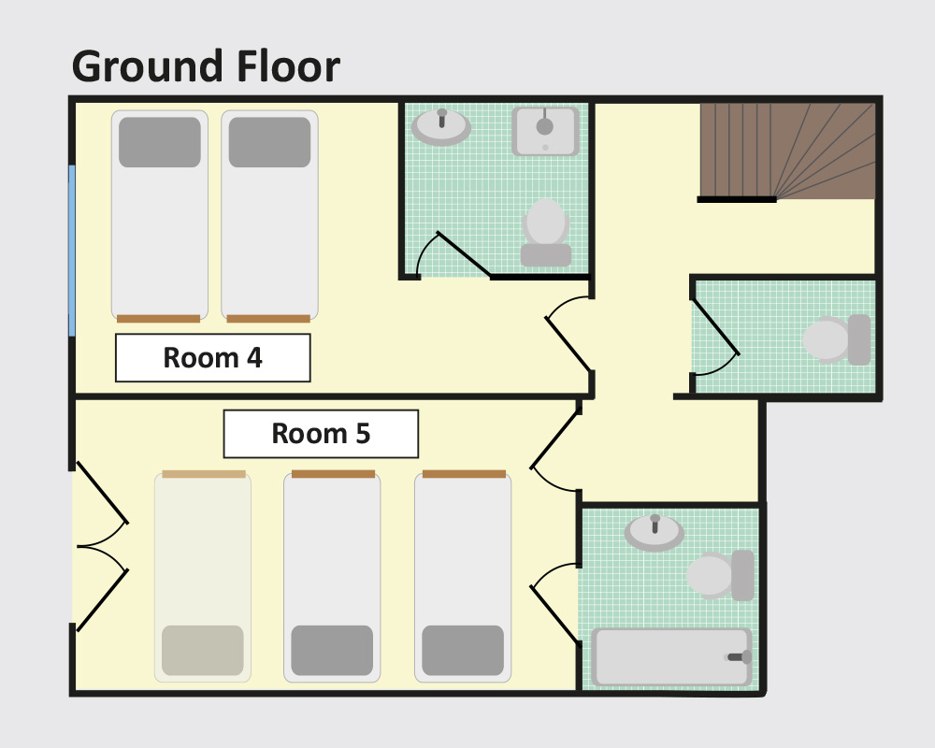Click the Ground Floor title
point(206,66)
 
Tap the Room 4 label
point(213,358)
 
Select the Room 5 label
point(321,434)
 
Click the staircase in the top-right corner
point(787,151)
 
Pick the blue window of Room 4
point(72,251)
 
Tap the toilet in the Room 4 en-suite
point(546,233)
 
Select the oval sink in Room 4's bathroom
point(441,126)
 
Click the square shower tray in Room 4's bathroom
point(545,131)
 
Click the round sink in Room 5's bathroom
point(654,532)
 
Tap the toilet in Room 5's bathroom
point(720,575)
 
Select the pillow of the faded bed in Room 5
point(203,650)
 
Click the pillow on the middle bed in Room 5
point(332,650)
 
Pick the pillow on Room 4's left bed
point(160,142)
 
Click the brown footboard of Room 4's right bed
point(268,319)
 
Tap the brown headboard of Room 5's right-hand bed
point(464,474)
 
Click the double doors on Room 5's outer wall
point(101,546)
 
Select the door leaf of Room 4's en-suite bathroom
point(464,254)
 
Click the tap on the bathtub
point(740,656)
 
